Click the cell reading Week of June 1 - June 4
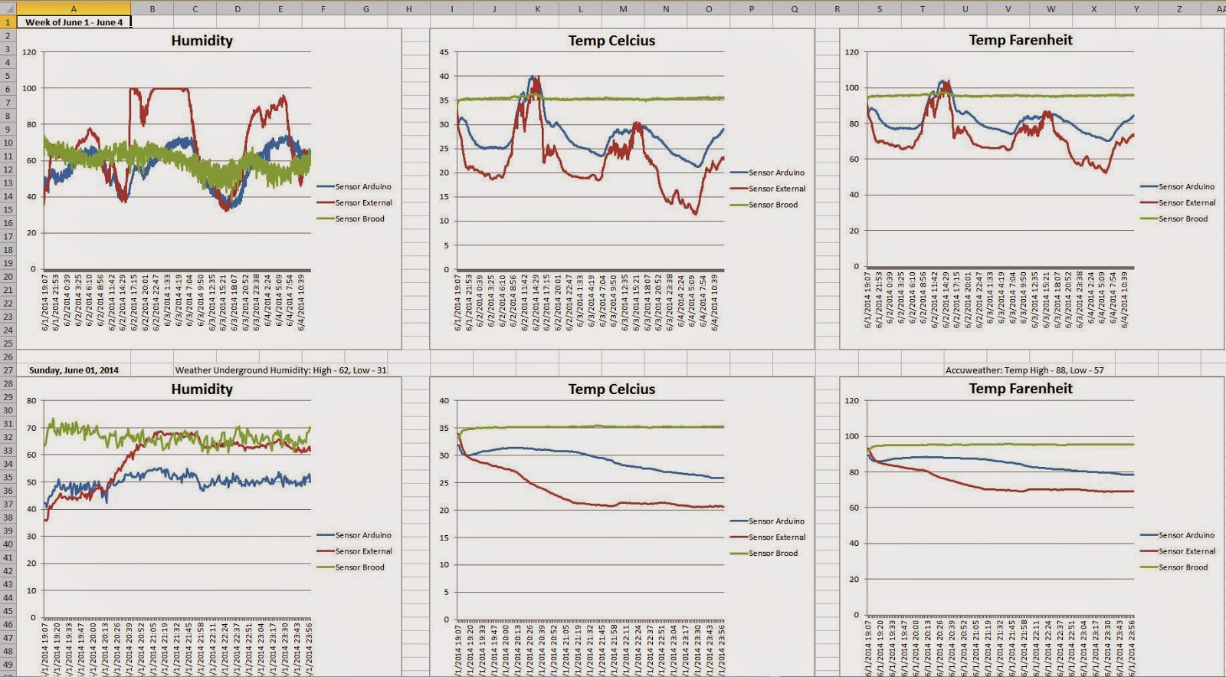click(x=74, y=22)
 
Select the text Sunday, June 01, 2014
click(x=74, y=370)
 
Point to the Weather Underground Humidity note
click(x=280, y=370)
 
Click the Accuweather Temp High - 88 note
click(x=1024, y=370)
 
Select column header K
click(x=537, y=8)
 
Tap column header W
click(x=1051, y=8)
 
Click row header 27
click(x=8, y=370)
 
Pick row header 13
click(x=8, y=182)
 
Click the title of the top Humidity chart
click(x=202, y=41)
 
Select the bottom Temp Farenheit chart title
click(x=1021, y=389)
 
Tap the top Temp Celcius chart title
click(x=611, y=41)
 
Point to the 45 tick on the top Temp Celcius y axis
click(x=444, y=52)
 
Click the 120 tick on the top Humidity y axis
click(x=29, y=52)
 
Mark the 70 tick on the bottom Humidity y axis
click(x=31, y=428)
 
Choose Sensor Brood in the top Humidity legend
click(x=359, y=219)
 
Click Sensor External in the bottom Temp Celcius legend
click(x=777, y=537)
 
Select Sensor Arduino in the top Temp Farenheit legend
click(x=1186, y=186)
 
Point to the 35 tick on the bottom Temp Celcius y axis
click(x=444, y=428)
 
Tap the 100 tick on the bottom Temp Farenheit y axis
click(x=852, y=436)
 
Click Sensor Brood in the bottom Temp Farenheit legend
click(x=1183, y=567)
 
